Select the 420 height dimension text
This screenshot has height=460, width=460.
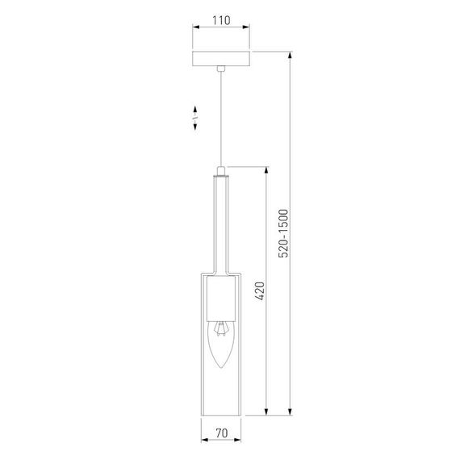click(x=259, y=291)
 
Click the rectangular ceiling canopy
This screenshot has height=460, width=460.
click(x=220, y=60)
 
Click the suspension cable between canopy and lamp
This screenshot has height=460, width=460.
click(x=220, y=121)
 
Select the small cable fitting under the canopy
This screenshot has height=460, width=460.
click(x=220, y=71)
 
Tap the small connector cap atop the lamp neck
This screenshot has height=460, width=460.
click(x=220, y=170)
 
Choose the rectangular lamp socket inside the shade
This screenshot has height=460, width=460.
click(x=220, y=299)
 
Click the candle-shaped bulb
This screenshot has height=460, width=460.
click(x=220, y=347)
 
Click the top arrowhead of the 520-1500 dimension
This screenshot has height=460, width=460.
click(x=290, y=56)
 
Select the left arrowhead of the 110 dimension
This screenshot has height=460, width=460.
click(x=194, y=27)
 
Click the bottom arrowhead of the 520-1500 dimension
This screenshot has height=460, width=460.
click(x=290, y=414)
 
